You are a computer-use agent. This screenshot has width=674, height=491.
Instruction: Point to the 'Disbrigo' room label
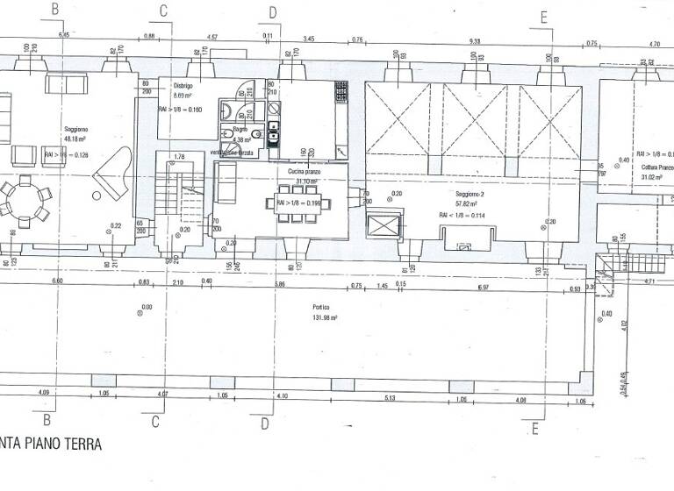pos(183,86)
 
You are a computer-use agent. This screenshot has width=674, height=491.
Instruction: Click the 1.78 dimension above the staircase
pos(179,157)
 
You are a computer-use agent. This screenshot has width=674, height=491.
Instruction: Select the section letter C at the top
pos(162,11)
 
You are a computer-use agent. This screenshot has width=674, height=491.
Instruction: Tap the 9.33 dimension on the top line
pos(475,39)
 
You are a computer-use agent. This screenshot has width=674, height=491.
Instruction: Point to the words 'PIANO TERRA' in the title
pos(62,445)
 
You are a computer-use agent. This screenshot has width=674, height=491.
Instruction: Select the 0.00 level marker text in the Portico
pos(147,307)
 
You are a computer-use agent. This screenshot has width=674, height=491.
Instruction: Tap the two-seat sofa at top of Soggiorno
pos(67,85)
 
